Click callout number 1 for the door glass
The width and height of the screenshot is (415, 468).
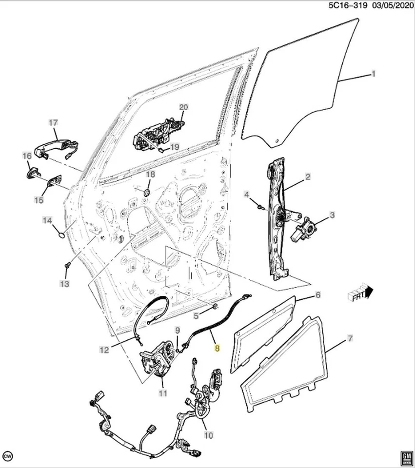click(x=374, y=74)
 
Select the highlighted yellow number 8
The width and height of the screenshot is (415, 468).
click(x=217, y=349)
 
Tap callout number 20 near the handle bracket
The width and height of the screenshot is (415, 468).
click(x=183, y=107)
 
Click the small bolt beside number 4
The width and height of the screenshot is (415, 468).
click(x=260, y=207)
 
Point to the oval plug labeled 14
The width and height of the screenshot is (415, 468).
click(x=60, y=234)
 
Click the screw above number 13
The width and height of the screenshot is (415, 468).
click(x=67, y=265)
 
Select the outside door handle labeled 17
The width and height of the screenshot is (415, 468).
click(x=56, y=145)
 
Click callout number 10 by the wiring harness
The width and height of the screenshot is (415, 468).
click(x=208, y=434)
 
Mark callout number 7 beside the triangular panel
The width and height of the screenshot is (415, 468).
click(x=351, y=338)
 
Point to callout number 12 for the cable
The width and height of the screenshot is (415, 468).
click(x=104, y=349)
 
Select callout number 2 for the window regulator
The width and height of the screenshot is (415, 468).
click(x=308, y=177)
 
